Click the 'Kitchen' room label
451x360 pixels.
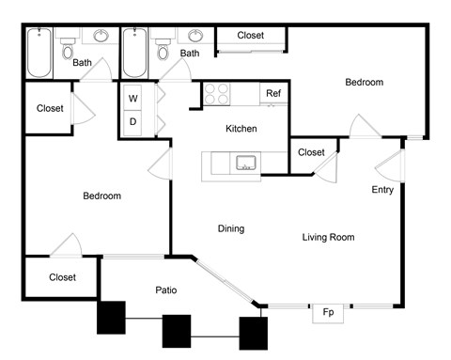click(x=241, y=128)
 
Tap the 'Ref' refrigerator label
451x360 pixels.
click(x=273, y=93)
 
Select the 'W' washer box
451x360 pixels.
click(x=132, y=98)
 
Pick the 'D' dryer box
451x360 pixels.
click(x=132, y=121)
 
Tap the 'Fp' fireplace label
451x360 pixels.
click(x=329, y=312)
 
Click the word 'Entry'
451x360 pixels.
click(x=382, y=190)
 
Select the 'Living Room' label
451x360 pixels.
click(x=328, y=237)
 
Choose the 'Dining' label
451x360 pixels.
click(x=231, y=228)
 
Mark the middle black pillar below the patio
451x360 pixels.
click(x=177, y=331)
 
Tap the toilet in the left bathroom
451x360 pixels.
click(x=67, y=52)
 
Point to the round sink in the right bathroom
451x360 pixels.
click(x=196, y=37)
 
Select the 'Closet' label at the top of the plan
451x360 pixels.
click(x=250, y=35)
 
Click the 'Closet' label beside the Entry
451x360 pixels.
click(x=311, y=152)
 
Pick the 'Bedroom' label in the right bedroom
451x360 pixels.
click(x=364, y=83)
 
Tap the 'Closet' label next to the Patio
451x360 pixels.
click(x=62, y=277)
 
